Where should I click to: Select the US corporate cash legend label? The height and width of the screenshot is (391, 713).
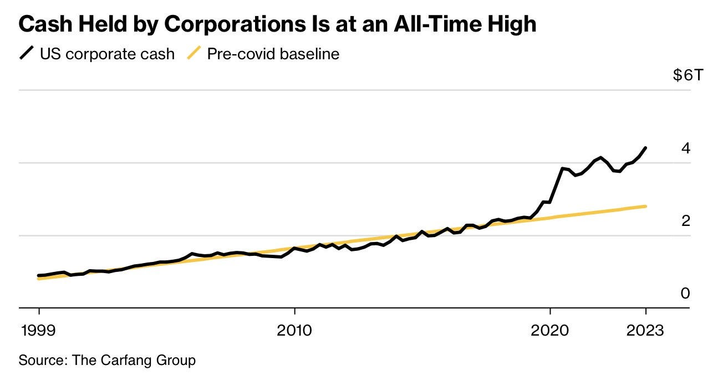coord(107,54)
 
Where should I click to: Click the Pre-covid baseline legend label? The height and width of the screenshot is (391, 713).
coord(273,54)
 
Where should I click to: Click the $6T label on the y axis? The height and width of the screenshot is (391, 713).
coord(687,75)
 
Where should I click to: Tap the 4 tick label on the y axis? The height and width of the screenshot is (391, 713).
coord(686,148)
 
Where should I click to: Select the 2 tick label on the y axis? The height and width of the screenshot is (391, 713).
coord(686,221)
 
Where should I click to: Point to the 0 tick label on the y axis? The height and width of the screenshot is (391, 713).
coord(686,294)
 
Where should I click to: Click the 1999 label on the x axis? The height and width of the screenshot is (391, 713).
coord(39,331)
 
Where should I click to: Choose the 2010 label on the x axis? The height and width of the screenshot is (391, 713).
coord(295,331)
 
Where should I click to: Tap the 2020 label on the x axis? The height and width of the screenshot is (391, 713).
coord(550,331)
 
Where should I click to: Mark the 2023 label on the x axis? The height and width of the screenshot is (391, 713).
coord(645,331)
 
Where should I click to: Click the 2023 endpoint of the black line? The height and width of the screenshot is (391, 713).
coord(645,148)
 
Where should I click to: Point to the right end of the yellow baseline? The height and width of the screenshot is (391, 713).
coord(645,206)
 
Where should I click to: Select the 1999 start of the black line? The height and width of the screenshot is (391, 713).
coord(39,275)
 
